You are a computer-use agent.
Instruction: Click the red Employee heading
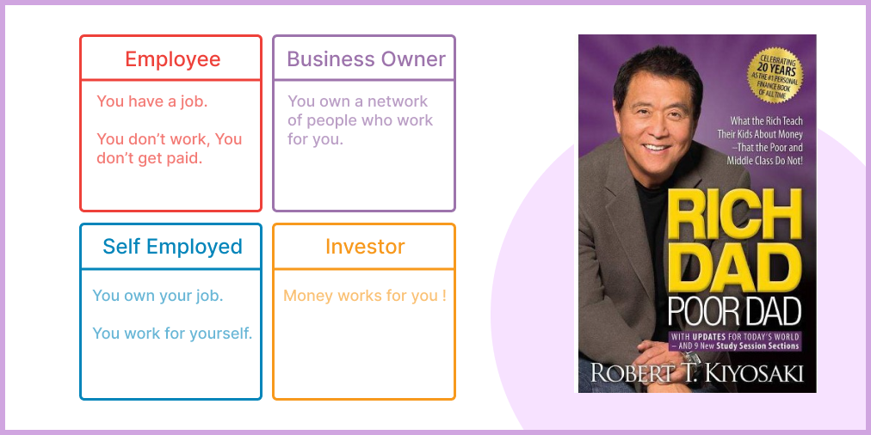(x=173, y=59)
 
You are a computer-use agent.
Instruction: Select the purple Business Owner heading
(x=366, y=59)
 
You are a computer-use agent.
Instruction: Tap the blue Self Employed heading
(x=173, y=247)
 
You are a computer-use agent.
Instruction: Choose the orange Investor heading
(x=365, y=247)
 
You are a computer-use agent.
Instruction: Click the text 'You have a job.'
(x=152, y=101)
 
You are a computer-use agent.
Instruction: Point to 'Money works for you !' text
(x=365, y=296)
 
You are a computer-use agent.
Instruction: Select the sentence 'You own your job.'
(x=158, y=296)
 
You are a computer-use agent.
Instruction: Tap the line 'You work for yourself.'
(x=172, y=334)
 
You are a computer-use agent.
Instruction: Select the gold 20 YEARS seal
(x=775, y=75)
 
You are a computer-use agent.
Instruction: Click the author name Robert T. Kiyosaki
(x=697, y=372)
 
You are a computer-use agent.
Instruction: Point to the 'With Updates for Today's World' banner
(x=735, y=341)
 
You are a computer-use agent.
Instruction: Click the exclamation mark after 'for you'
(x=444, y=296)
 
